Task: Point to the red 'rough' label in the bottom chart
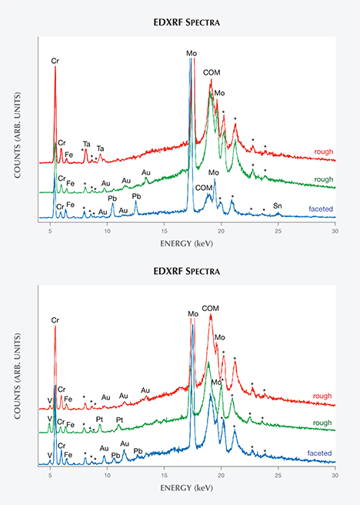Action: tap(324, 397)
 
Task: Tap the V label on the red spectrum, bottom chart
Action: tap(49, 400)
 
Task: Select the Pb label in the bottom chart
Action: tap(138, 450)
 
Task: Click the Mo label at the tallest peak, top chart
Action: tap(191, 53)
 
